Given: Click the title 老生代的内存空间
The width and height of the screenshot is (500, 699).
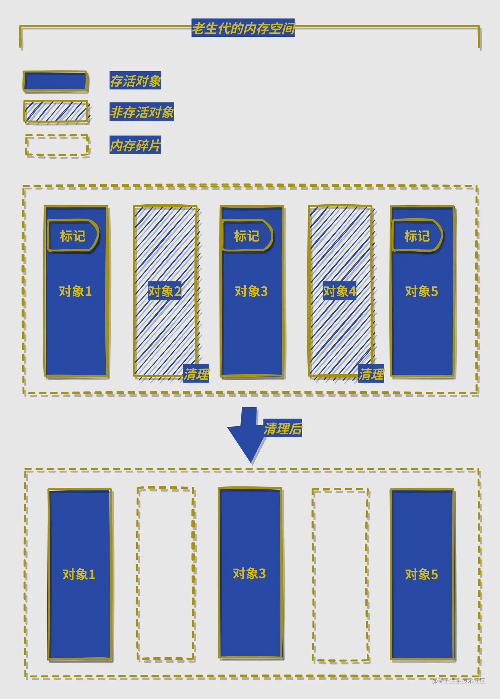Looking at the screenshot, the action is (243, 28).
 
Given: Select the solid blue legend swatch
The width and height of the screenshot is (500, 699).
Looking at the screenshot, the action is (55, 81).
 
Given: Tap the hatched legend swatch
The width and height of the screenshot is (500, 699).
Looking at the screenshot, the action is (56, 112).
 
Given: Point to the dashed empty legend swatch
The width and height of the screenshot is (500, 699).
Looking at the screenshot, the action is (57, 145).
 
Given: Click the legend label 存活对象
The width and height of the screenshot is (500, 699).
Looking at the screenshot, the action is (135, 80).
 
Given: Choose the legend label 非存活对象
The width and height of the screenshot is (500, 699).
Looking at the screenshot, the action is (142, 112).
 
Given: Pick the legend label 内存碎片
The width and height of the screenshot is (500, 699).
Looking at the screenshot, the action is (135, 145).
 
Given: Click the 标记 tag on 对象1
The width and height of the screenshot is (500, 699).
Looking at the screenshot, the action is (73, 236).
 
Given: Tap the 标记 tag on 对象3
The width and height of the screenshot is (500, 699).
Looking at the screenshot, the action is (247, 236).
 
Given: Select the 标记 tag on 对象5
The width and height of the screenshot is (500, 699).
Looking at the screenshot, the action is (417, 236).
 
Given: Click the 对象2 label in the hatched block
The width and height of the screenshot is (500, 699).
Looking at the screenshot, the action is (165, 291).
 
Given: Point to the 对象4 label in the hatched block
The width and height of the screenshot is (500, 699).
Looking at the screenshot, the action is (340, 291).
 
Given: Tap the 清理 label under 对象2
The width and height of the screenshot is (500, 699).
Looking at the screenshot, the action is (196, 374).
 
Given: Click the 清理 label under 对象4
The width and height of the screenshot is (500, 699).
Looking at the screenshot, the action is (371, 374).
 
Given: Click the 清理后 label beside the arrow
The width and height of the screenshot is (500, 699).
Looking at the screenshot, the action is (283, 428).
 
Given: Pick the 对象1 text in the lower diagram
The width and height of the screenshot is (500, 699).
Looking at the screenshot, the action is (79, 574).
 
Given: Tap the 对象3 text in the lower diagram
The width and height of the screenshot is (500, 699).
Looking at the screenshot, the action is (249, 573).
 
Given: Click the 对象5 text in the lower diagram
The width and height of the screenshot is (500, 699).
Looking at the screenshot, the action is (421, 574).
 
